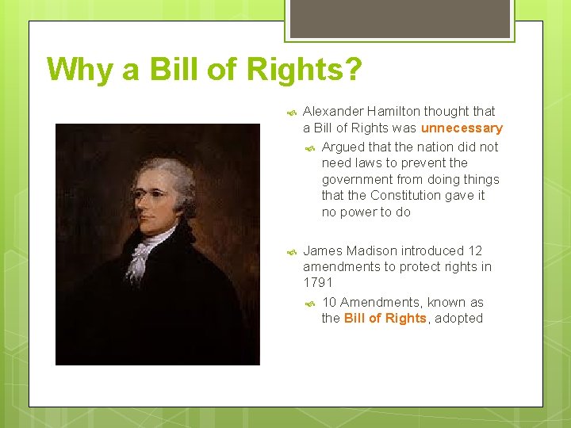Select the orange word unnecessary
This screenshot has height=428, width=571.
pyautogui.click(x=462, y=128)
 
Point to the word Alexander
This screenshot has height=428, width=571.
pyautogui.click(x=331, y=111)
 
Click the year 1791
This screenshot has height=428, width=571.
pyautogui.click(x=318, y=282)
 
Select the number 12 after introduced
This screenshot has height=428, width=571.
pyautogui.click(x=475, y=250)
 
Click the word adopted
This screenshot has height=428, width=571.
pyautogui.click(x=458, y=318)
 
